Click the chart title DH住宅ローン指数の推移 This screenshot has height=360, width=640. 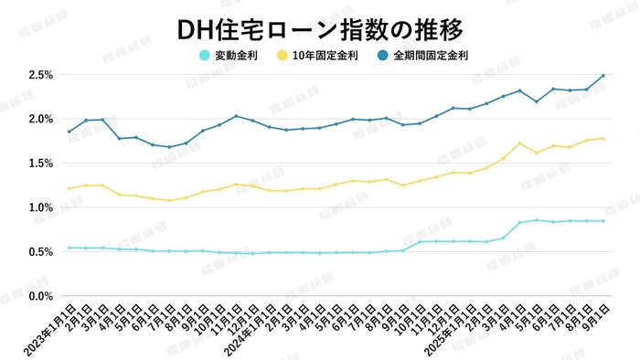[320, 27]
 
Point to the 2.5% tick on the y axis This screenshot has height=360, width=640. [40, 75]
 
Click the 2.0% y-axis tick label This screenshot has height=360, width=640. [40, 120]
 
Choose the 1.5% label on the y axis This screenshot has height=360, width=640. [40, 164]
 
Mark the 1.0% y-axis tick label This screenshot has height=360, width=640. [40, 208]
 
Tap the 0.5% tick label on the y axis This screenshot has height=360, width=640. [40, 252]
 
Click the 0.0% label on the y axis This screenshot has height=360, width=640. [40, 297]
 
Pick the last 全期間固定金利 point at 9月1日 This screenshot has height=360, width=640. [603, 76]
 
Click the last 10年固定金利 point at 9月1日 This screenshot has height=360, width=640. [603, 139]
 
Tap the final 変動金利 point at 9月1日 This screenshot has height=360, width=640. [603, 221]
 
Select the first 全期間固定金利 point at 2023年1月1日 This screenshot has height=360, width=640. [69, 132]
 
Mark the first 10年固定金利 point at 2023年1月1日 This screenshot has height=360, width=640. [69, 188]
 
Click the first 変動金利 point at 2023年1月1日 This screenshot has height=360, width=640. [69, 248]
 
